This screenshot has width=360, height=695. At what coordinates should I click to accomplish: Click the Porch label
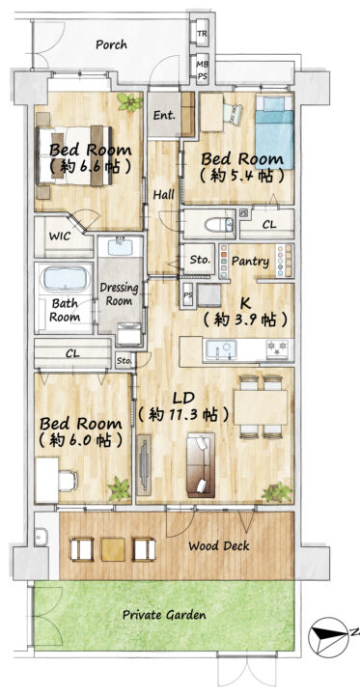tap(111, 44)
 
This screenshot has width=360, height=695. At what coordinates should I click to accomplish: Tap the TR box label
tap(202, 33)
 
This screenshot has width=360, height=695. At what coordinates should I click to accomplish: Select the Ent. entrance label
tap(164, 116)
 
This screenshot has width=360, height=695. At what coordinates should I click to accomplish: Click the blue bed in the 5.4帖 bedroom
tap(274, 132)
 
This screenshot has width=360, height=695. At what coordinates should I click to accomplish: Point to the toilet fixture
tap(219, 224)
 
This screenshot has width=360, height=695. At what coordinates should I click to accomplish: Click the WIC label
tap(60, 236)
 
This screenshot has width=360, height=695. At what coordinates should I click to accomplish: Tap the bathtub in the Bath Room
tap(65, 279)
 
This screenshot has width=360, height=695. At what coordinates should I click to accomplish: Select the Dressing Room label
tap(119, 293)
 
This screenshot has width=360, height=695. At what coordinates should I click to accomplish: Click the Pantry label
tap(251, 261)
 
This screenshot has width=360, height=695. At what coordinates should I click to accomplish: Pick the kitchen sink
tap(220, 347)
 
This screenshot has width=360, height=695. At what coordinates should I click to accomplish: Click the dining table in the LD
tap(261, 407)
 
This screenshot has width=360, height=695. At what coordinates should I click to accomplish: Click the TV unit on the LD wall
tap(144, 465)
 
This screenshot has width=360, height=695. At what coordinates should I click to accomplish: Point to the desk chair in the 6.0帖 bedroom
tap(68, 481)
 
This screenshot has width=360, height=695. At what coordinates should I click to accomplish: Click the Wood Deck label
tap(219, 545)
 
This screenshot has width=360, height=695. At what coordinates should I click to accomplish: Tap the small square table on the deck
tap(113, 549)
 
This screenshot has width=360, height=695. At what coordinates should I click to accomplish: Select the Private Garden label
tap(164, 615)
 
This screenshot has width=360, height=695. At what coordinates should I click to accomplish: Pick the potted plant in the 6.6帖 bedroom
tap(130, 102)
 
